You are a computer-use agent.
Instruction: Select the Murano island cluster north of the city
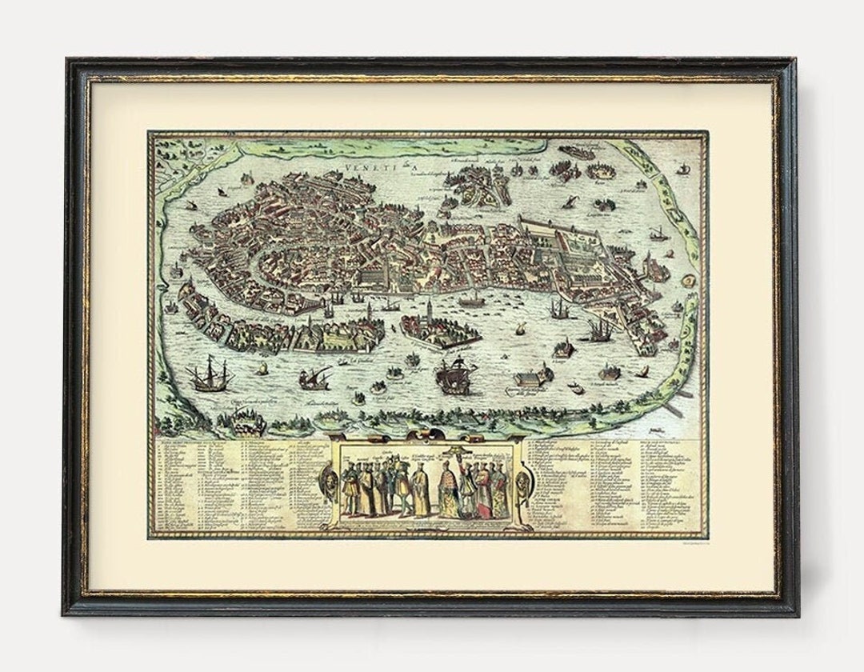click(472, 180)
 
